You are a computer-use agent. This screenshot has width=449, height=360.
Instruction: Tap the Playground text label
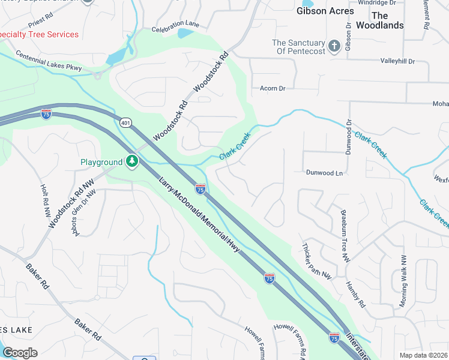point(101,163)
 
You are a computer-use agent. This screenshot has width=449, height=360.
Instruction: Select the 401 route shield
point(125,123)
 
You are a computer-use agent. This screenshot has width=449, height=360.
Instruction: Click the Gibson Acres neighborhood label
point(324,10)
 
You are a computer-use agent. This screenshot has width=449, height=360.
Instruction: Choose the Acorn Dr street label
point(273,88)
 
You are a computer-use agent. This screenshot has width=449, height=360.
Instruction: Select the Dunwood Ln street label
point(324,173)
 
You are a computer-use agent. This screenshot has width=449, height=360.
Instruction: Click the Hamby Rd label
point(355,294)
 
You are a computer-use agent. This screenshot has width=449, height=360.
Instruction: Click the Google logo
point(20,352)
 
